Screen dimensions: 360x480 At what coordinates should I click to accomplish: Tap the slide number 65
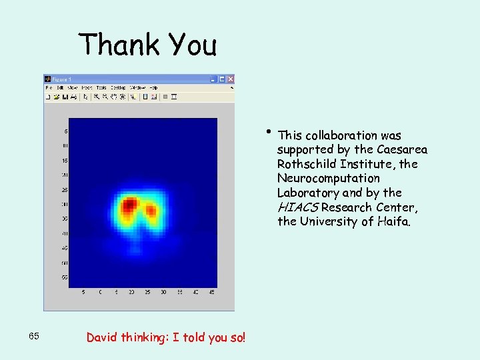pos(35,336)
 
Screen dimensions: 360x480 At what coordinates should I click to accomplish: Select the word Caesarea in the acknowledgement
pos(402,149)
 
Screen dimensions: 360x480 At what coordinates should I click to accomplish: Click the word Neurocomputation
pos(329,179)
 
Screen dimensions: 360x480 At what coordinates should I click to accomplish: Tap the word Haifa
pos(399,221)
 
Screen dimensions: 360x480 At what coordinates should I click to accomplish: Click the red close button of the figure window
pos(231,79)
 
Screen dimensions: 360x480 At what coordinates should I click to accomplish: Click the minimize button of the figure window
pos(215,79)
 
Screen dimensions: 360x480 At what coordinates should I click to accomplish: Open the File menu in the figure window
pos(48,87)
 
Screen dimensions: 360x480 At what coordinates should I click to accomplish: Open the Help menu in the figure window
pos(153,87)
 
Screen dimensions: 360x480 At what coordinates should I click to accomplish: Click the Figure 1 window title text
pos(61,79)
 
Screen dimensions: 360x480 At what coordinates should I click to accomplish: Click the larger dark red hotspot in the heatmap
pos(129,203)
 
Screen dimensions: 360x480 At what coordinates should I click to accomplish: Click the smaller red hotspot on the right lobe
pos(151,211)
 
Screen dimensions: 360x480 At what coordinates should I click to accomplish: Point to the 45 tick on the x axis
pos(212,292)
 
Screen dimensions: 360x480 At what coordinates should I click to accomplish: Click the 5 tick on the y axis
pos(65,131)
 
